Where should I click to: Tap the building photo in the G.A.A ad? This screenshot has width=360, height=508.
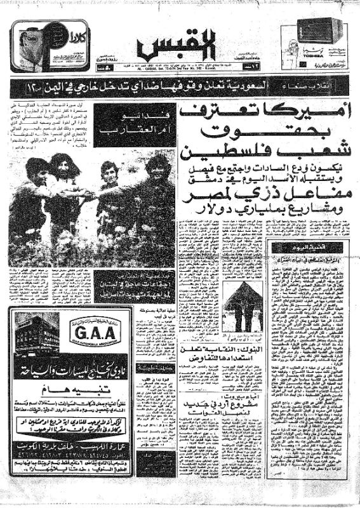point(37,332)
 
